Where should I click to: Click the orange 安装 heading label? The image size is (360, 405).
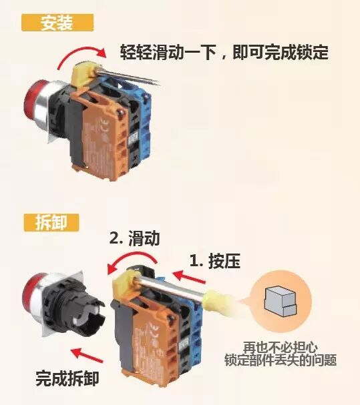pyautogui.click(x=57, y=23)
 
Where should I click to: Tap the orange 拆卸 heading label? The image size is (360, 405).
pyautogui.click(x=51, y=222)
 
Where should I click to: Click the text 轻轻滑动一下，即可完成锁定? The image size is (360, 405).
pyautogui.click(x=224, y=52)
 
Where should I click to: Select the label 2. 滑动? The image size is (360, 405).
pyautogui.click(x=134, y=238)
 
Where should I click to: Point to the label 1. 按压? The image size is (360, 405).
pyautogui.click(x=215, y=261)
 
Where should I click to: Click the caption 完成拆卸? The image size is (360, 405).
pyautogui.click(x=67, y=379)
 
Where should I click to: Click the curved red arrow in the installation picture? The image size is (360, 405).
pyautogui.click(x=82, y=50)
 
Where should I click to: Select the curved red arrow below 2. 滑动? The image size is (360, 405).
pyautogui.click(x=132, y=256)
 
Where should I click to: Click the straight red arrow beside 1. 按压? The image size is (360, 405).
pyautogui.click(x=189, y=277)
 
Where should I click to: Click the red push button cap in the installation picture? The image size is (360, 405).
pyautogui.click(x=32, y=103)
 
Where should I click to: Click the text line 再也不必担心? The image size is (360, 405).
pyautogui.click(x=281, y=348)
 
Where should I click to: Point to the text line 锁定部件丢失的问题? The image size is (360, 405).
pyautogui.click(x=281, y=360)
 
